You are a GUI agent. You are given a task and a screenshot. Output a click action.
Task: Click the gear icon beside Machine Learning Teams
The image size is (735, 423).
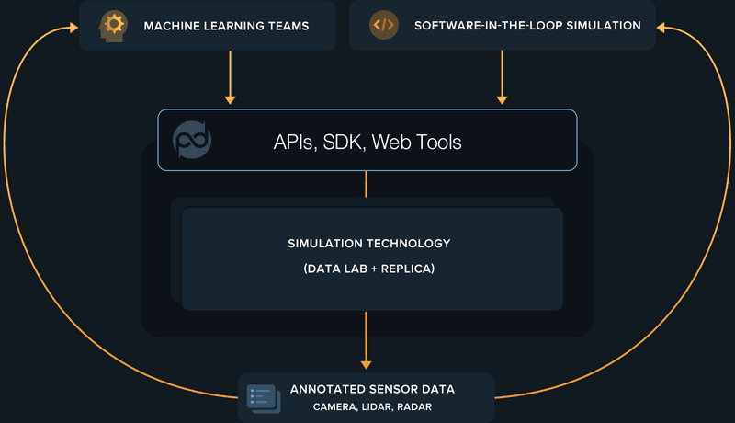pos(113,24)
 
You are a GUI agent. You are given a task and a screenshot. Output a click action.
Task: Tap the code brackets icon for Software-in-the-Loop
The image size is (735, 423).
pos(384,25)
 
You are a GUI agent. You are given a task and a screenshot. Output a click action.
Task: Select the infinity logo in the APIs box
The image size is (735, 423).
pos(192,140)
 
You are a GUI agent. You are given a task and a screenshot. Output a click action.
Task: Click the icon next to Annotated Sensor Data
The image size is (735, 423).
pos(264,397)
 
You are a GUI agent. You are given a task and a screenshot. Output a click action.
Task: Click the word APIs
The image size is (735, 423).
pos(294,142)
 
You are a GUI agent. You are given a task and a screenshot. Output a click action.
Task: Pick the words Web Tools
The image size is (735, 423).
pos(416,142)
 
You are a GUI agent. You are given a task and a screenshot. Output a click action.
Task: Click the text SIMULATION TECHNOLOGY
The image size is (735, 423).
pos(369,244)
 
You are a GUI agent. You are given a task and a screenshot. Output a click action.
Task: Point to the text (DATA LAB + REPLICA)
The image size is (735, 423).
pos(369,269)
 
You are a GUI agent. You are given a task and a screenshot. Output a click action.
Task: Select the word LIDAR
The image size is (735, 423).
pos(376,406)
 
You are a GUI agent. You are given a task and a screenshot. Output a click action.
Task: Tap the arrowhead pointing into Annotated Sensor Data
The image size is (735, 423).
pos(367,363)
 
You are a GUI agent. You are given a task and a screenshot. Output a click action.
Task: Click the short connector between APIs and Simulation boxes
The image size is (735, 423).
pos(367,184)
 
